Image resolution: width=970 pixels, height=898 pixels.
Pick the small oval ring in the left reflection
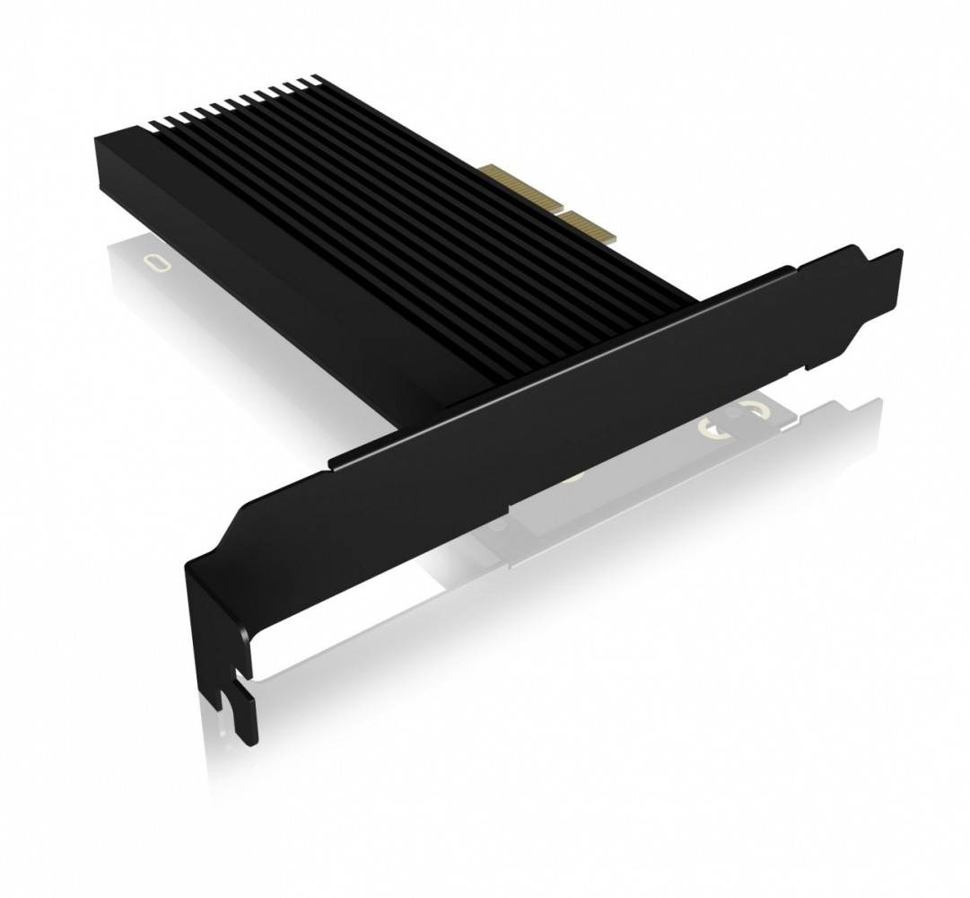pyautogui.click(x=159, y=263)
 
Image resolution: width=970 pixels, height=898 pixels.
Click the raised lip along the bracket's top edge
pyautogui.click(x=556, y=359)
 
